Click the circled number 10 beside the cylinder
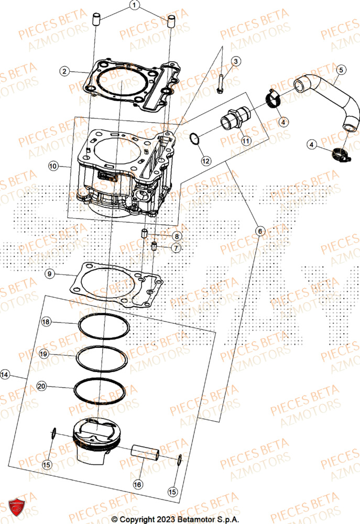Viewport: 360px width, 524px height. click(x=53, y=166)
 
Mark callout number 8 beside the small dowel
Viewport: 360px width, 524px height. click(x=177, y=236)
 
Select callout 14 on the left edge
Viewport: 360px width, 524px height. click(x=5, y=375)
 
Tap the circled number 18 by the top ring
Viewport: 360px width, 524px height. click(x=46, y=322)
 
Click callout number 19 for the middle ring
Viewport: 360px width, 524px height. click(x=44, y=354)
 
